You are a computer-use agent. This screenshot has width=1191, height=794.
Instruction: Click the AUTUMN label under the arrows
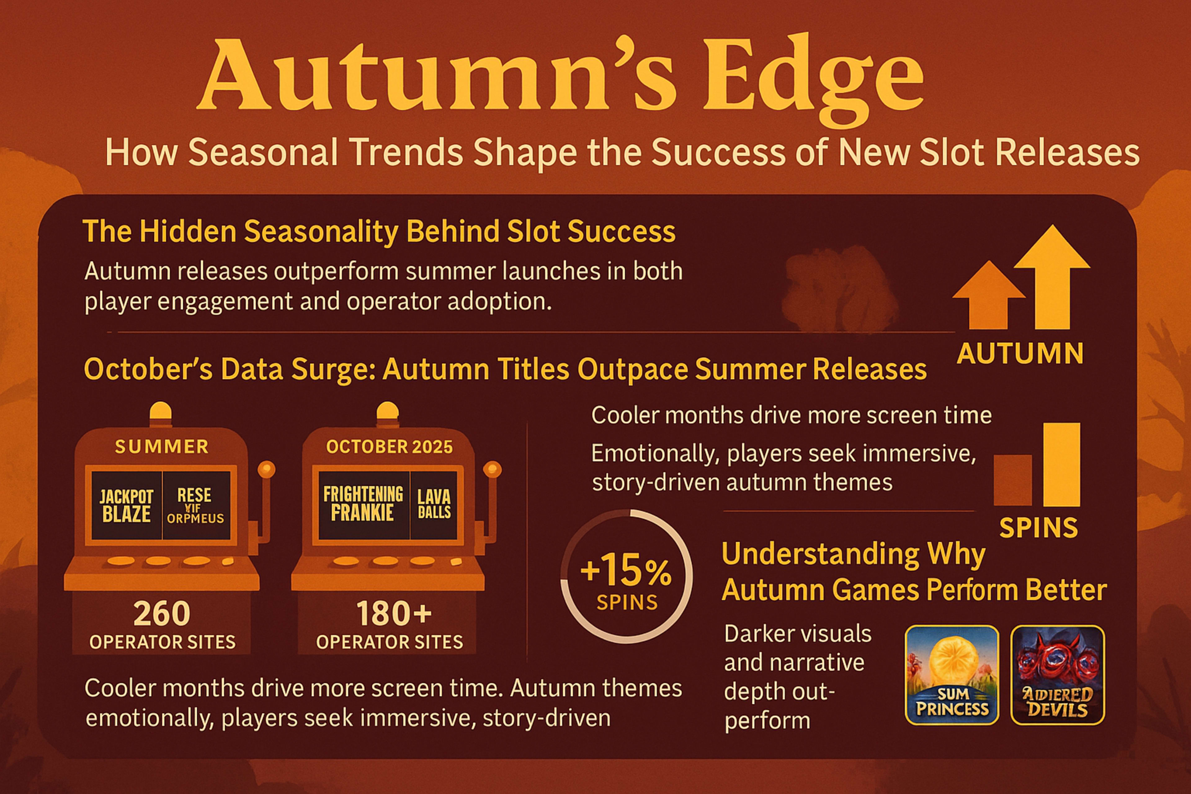pos(1020,354)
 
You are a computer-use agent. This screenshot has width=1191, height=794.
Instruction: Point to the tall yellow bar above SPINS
pos(1062,464)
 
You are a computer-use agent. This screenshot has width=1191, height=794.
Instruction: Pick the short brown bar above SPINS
pos(1012,480)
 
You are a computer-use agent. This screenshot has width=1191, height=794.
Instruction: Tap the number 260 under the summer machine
pos(162,614)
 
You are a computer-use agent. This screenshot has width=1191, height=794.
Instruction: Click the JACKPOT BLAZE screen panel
pos(126,505)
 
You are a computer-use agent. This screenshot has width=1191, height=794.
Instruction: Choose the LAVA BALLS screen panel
pos(434,504)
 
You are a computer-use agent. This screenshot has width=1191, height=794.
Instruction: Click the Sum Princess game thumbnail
pos(952,675)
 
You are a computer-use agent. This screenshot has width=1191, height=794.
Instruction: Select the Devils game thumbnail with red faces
pos(1057,675)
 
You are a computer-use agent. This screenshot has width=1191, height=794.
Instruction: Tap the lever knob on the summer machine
pos(266,469)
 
